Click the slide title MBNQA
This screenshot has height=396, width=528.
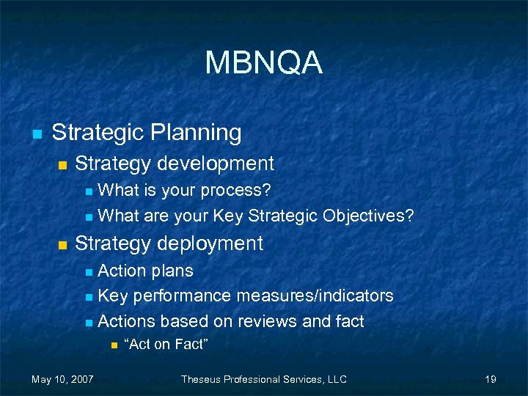click(x=263, y=63)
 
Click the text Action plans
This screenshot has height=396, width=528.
click(x=145, y=271)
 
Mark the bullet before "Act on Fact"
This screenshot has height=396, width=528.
click(x=114, y=344)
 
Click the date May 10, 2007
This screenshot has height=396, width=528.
click(x=62, y=379)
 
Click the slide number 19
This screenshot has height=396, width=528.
click(x=491, y=379)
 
